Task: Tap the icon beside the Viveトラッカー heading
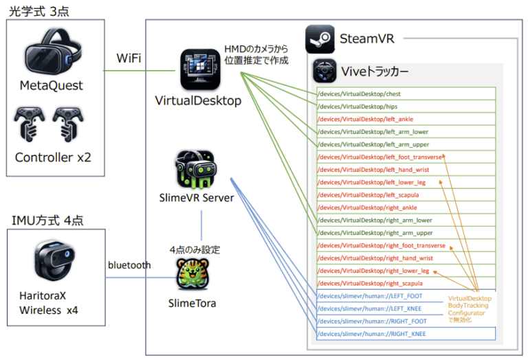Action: [x=324, y=71]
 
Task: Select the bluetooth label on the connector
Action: [x=129, y=265]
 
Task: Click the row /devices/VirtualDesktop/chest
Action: [x=406, y=94]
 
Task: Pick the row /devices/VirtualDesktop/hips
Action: [x=406, y=106]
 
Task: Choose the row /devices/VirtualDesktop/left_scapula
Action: [x=406, y=195]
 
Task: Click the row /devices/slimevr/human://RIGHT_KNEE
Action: [x=406, y=334]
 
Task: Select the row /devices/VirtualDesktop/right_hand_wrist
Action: [x=406, y=258]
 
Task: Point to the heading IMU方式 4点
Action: [x=44, y=221]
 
